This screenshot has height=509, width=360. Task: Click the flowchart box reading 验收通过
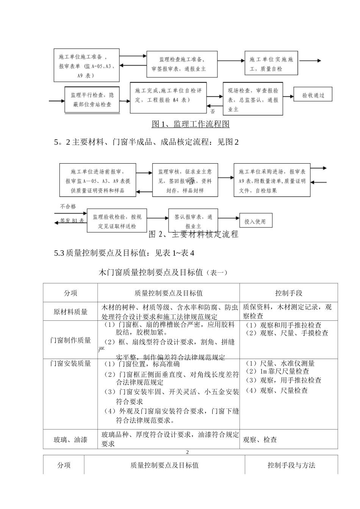(313, 95)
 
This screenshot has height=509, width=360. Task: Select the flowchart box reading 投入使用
(255, 222)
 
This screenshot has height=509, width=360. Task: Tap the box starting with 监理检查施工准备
(182, 64)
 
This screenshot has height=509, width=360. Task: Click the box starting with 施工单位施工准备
(86, 66)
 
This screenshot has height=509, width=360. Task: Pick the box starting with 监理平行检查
(92, 100)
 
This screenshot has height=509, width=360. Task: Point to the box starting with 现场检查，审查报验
(252, 100)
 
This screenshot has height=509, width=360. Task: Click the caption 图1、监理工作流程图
(190, 124)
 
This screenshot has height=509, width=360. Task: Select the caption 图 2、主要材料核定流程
(194, 234)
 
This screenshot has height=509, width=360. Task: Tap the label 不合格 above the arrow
(68, 207)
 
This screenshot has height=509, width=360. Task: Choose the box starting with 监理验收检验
(117, 221)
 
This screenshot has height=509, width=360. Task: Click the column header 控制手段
(288, 293)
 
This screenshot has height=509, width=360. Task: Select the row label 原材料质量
(70, 312)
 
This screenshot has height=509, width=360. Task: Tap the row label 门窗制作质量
(70, 340)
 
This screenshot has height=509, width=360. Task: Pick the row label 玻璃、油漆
(70, 440)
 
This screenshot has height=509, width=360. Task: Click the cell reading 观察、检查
(260, 440)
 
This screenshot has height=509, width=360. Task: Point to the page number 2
(187, 452)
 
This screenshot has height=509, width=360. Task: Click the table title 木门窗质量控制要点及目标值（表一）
(163, 272)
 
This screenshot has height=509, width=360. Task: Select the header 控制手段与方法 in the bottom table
(291, 465)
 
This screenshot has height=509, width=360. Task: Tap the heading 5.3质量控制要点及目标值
(124, 253)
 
